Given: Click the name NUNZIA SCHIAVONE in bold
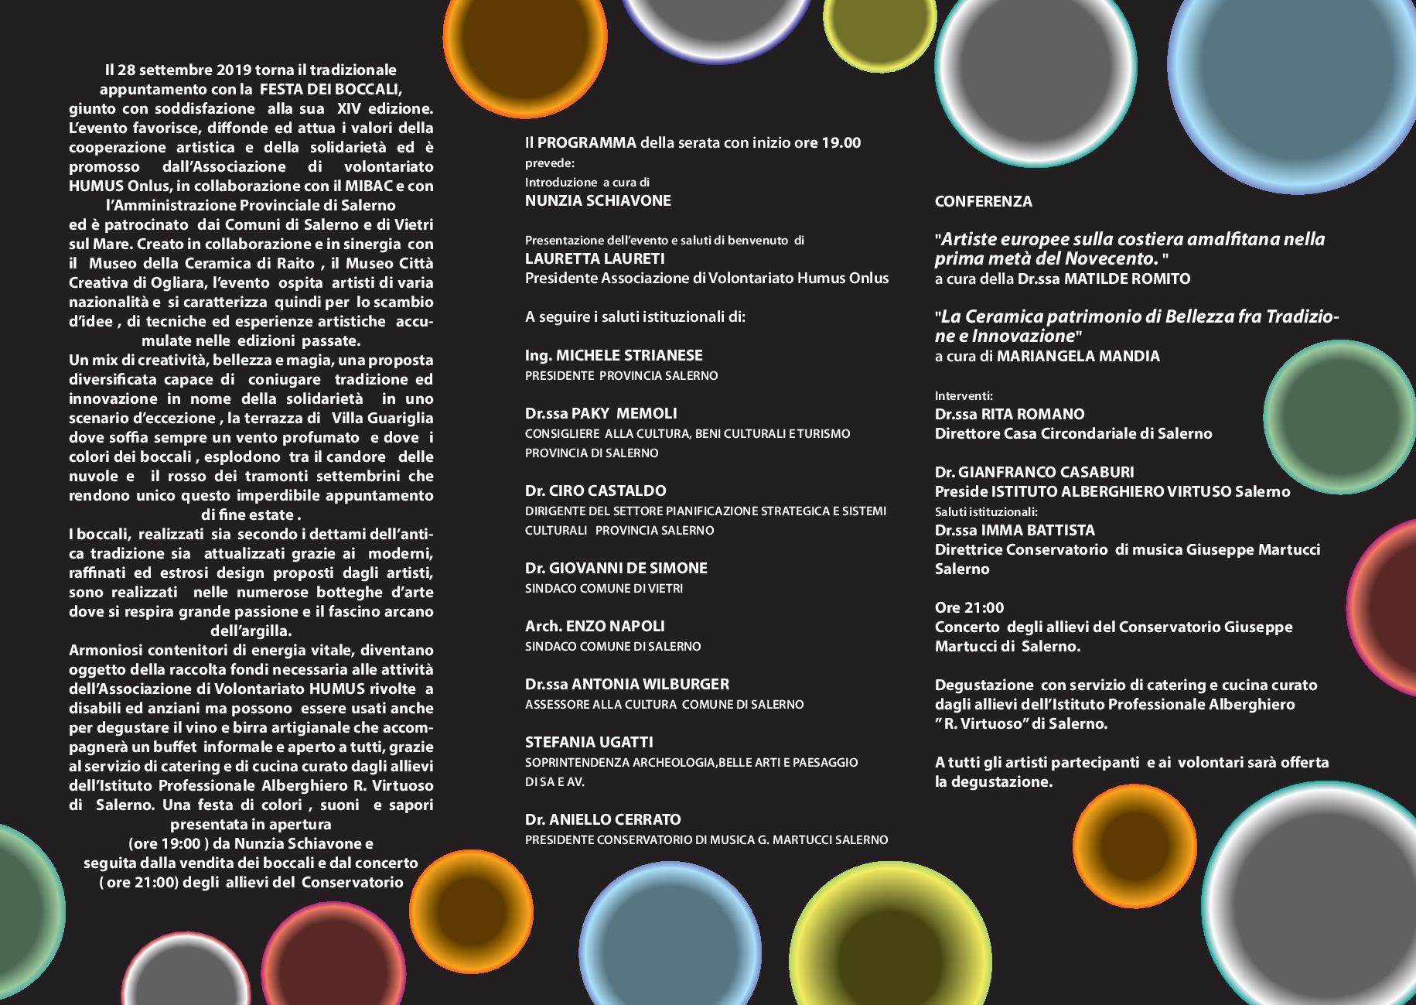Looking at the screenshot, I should [598, 201].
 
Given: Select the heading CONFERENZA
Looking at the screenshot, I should [983, 201].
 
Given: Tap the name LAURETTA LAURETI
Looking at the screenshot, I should [595, 258].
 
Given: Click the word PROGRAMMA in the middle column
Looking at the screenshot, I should [587, 143].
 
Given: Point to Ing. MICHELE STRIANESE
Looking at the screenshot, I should [613, 355].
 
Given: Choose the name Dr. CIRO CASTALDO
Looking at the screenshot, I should [595, 491].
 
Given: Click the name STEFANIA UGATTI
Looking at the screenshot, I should [589, 742].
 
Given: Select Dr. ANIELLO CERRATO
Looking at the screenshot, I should [602, 819].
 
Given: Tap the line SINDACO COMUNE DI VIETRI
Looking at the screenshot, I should [603, 589].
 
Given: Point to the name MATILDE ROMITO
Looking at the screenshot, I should [1127, 279].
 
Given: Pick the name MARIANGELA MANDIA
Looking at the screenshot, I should [1078, 357].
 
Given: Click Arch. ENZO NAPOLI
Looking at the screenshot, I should [594, 626].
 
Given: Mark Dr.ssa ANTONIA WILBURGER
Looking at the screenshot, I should [626, 684].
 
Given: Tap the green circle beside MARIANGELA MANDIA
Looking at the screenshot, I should [1323, 404].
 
